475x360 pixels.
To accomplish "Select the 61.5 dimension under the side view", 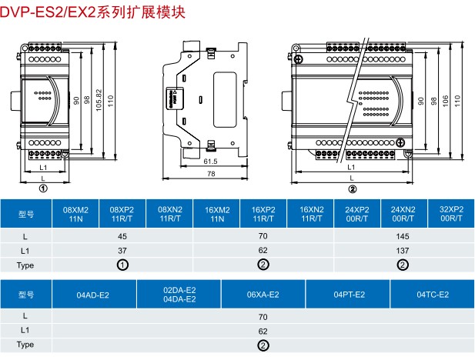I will tap(211, 162).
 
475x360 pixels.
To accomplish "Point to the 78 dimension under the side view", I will tap(211, 175).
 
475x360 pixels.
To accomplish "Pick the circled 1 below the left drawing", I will tap(43, 188).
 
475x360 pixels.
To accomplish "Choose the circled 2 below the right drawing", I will tap(353, 188).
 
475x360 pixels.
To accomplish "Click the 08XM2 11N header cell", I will tap(75, 213).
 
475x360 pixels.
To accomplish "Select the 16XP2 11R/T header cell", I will tap(263, 213).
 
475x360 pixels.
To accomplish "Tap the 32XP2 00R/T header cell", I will tap(451, 213).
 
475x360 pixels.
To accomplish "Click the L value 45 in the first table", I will tap(122, 236).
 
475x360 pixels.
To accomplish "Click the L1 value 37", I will tap(122, 250).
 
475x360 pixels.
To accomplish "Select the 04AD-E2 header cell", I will tap(93, 294).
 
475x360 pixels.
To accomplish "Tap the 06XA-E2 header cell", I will tap(263, 294).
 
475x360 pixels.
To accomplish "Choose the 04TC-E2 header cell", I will tap(433, 294).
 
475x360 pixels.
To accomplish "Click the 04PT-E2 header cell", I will tap(348, 294).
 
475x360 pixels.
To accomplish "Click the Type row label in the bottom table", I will tap(25, 345).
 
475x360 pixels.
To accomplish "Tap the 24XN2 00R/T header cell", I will tap(404, 213).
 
